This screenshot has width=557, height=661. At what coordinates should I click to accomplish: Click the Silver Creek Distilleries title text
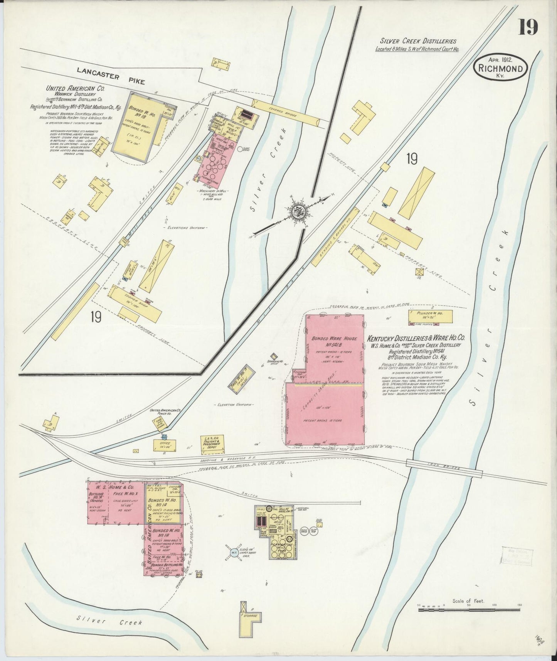[x=418, y=40]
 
